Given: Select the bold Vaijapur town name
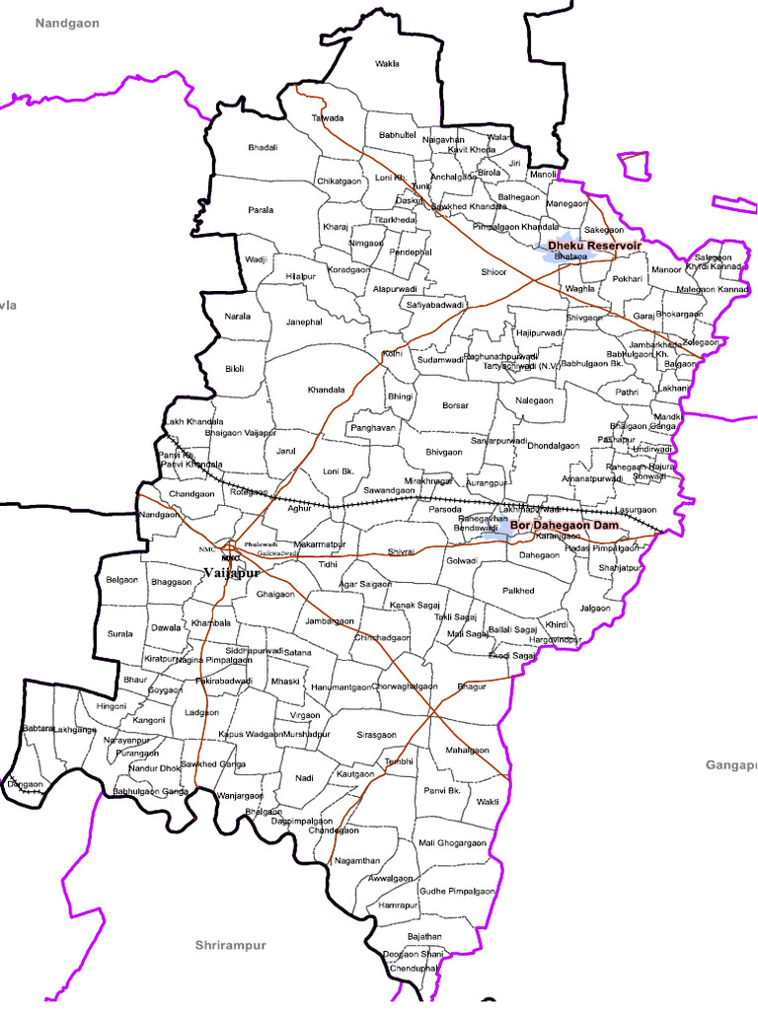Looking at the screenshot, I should pos(232,573).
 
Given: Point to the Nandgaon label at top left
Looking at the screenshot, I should pos(68,23).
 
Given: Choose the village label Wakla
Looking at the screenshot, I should pos(388,64).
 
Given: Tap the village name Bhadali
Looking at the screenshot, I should pos(263,148).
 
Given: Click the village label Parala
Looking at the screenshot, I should pos(261,210).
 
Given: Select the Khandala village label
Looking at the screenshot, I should pos(326,390).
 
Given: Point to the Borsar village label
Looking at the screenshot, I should pos(455,405).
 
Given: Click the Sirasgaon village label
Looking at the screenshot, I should pos(376,735).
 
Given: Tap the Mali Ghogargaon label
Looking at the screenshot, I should pos(452,843).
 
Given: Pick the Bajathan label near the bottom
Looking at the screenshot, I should pos(424,936).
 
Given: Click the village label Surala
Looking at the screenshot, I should pos(119,634).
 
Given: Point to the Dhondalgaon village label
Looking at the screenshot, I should pos(553,446).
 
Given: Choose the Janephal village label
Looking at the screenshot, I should pos(304,322).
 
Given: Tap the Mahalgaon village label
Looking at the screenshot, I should pos(467,751).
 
